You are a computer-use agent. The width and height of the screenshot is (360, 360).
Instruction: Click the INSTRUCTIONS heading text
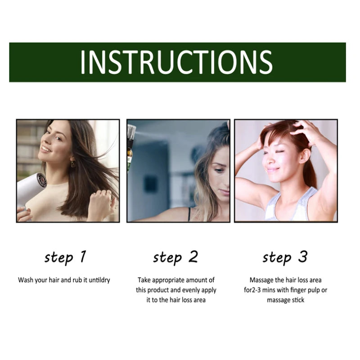tap(176, 63)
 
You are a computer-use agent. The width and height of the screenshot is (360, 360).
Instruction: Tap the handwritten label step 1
tap(65, 257)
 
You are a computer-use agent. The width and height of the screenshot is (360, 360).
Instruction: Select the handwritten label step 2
tap(175, 257)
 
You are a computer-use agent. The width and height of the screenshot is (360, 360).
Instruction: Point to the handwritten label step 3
tap(285, 257)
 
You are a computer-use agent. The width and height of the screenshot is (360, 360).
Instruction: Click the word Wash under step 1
tap(26, 280)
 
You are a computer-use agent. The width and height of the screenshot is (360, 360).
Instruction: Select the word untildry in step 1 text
tap(99, 280)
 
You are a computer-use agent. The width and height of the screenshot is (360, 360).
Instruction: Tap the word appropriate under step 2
tap(168, 280)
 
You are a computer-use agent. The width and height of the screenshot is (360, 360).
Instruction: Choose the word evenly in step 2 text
tap(191, 290)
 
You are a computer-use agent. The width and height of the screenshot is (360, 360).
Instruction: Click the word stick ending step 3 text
tap(298, 300)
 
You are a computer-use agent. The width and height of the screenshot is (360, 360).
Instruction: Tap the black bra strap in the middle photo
tap(189, 214)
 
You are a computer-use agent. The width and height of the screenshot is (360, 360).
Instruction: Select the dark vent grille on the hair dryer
tap(42, 180)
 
